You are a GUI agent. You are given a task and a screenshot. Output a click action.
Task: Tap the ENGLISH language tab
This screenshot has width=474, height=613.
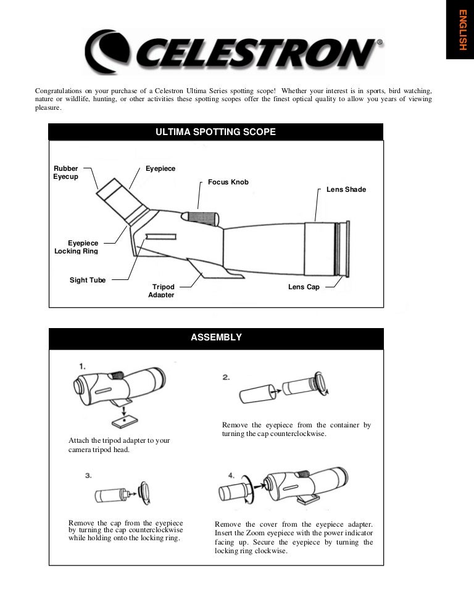click(x=460, y=30)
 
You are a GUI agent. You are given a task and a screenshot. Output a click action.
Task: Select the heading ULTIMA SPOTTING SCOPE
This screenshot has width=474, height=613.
click(x=215, y=132)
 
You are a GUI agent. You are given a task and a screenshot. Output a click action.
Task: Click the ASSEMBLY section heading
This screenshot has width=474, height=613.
click(x=216, y=337)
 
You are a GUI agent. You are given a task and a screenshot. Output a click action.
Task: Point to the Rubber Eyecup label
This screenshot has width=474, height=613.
click(x=65, y=173)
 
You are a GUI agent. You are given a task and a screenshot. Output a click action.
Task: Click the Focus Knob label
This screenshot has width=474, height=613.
click(x=228, y=183)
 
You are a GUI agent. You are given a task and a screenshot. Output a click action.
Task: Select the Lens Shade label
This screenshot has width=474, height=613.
click(x=346, y=189)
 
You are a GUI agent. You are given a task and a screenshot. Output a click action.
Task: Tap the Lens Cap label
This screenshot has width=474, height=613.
click(x=304, y=287)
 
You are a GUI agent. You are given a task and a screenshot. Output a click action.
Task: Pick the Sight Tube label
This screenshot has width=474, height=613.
click(x=87, y=280)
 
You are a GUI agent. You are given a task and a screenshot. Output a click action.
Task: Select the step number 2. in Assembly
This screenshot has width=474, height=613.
click(x=227, y=377)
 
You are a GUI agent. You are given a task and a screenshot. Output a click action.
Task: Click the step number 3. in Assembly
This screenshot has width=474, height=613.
click(x=88, y=475)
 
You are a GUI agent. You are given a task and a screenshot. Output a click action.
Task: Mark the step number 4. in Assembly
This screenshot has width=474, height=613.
click(x=231, y=475)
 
